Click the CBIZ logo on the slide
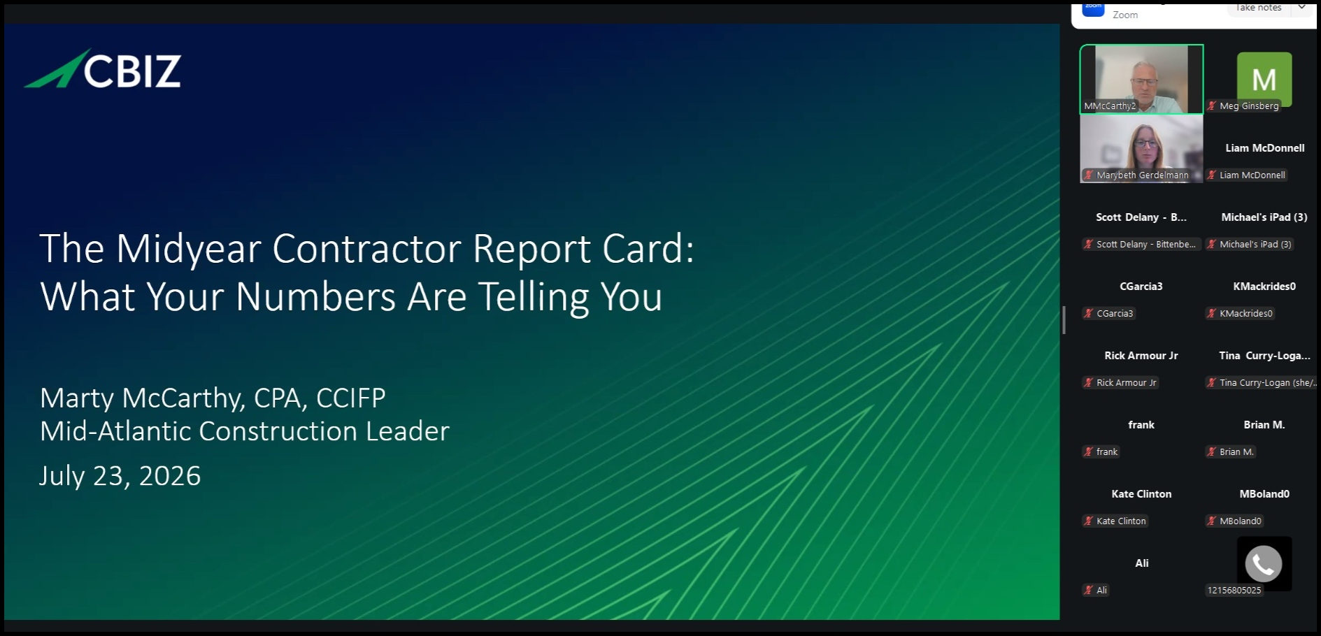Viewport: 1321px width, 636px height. [x=103, y=69]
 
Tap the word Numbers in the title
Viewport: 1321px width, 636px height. [x=315, y=296]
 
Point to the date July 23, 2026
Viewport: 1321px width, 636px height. [x=120, y=476]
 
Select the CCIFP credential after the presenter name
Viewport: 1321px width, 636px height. [x=351, y=398]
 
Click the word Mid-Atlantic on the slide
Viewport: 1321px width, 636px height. [x=115, y=431]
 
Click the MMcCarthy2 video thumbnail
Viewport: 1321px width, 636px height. [x=1141, y=79]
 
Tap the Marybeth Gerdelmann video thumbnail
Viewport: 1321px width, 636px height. [x=1141, y=149]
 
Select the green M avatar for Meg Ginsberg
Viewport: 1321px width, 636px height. [x=1264, y=78]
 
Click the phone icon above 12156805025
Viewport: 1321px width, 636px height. [x=1264, y=563]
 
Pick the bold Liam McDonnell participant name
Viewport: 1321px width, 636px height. [x=1264, y=148]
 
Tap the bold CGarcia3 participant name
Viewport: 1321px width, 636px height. [x=1141, y=287]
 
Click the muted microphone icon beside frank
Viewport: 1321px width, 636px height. [x=1088, y=452]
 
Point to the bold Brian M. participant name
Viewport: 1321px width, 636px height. [x=1264, y=425]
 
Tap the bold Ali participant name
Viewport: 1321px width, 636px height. [x=1142, y=563]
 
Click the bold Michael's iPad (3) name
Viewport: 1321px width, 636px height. [x=1264, y=217]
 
